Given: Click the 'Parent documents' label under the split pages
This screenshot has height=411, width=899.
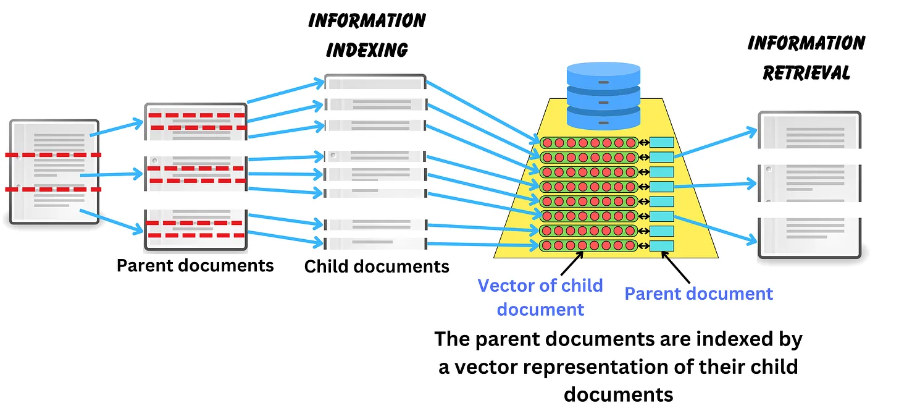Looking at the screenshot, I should pos(195,266).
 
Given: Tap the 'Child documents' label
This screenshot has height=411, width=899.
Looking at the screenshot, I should pos(377,267).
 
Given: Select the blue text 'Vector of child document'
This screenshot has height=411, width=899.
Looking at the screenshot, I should pos(540,297).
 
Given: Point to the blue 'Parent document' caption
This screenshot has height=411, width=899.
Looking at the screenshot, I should pos(698,293).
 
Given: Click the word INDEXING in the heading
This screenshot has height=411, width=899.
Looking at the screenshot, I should pos(367,49).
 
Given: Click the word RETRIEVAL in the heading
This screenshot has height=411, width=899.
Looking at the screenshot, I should pos(806,72).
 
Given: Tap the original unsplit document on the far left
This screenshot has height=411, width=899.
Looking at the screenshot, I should pos(54,171).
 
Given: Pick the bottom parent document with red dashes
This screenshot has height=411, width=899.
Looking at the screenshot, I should pos(196,229).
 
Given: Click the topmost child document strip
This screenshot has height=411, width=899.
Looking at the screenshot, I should pos(375,83).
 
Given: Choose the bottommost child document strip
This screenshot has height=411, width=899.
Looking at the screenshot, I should pos(375,243).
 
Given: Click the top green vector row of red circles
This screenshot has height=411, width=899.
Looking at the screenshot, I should pos(588,143).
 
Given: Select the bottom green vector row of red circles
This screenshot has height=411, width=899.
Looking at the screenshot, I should pos(588,246).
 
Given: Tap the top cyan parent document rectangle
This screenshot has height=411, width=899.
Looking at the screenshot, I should pos(661,143).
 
